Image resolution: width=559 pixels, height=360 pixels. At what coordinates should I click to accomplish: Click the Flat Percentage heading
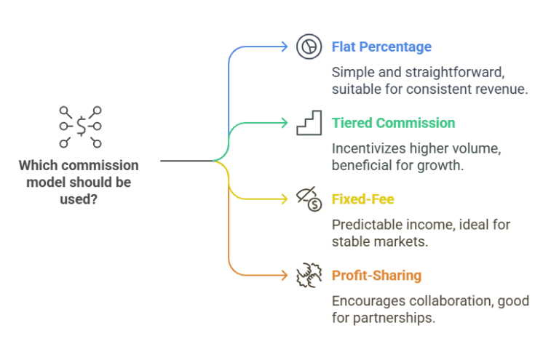tap(381, 47)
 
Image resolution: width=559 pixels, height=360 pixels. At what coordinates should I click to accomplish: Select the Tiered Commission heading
tap(393, 123)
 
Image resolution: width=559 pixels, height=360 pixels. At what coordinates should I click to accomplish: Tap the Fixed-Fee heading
tap(363, 199)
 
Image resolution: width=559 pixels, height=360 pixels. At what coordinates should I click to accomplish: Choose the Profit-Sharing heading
tap(376, 276)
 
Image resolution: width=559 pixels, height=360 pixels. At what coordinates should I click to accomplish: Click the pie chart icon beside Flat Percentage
tap(309, 47)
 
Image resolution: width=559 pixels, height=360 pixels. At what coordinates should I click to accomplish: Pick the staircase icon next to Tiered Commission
tap(309, 123)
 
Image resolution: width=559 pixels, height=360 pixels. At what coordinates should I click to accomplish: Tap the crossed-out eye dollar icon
tap(309, 199)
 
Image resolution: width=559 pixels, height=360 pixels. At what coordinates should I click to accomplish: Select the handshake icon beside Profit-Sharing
tap(309, 276)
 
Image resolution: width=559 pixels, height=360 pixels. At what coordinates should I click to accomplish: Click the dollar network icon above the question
tap(80, 127)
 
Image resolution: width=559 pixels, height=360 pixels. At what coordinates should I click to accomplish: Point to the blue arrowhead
tap(285, 47)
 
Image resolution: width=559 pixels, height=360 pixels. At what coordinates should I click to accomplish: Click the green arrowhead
tap(285, 123)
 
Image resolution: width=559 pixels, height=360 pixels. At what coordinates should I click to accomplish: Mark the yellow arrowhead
tap(285, 199)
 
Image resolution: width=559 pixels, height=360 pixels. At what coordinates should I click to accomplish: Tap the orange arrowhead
tap(285, 276)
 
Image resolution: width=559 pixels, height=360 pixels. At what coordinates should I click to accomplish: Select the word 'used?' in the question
tap(79, 197)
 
